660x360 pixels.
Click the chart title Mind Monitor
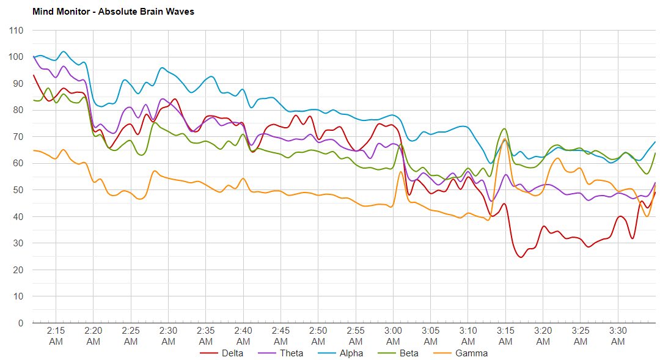tap(113, 11)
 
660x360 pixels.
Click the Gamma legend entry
tap(471, 353)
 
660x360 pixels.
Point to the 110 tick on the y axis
tap(16, 31)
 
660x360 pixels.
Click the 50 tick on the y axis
tap(19, 190)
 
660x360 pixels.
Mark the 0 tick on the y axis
tap(21, 323)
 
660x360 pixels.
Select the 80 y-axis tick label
tap(19, 110)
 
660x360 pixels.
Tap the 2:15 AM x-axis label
tap(56, 336)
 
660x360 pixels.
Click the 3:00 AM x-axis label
tap(393, 336)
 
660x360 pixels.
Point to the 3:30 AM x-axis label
tap(618, 336)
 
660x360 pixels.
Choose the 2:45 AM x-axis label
tap(280, 336)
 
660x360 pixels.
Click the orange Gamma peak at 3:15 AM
tap(505, 140)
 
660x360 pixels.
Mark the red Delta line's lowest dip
tap(521, 257)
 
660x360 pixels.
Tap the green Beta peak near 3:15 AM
tap(504, 129)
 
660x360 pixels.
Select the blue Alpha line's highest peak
tap(63, 51)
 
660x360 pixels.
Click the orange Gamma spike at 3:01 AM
tap(400, 172)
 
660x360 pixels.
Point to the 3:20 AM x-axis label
tap(543, 336)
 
